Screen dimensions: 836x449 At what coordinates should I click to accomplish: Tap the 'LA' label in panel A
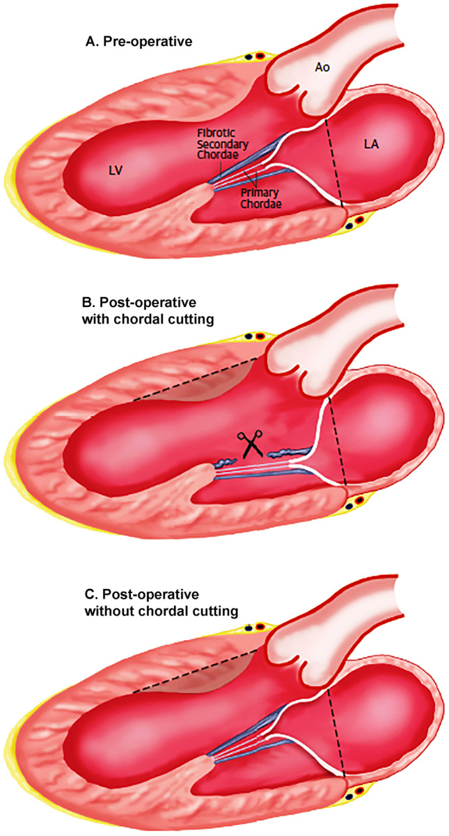(371, 143)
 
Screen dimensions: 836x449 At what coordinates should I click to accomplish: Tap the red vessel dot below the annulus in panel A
(359, 221)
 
